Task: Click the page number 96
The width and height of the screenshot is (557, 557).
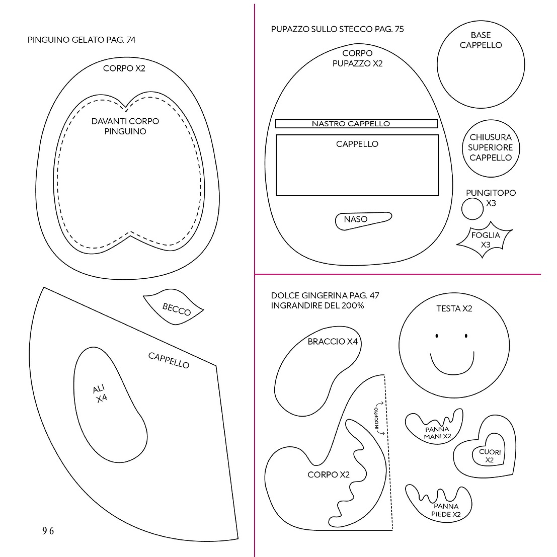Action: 48,531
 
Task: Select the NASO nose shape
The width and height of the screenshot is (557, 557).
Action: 363,220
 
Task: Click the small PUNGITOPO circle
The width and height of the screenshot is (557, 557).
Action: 472,209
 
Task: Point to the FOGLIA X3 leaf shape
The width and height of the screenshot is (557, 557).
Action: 485,240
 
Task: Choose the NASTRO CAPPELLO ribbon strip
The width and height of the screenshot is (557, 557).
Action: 357,124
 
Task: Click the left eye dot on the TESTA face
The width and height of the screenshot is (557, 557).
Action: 437,336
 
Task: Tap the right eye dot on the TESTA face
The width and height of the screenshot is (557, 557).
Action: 466,336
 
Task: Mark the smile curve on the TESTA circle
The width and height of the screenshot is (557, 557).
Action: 452,374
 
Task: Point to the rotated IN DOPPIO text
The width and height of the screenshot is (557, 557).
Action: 377,419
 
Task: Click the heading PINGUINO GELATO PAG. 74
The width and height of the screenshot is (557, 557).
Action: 82,40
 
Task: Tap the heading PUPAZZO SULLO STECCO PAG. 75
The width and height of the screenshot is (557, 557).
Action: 338,29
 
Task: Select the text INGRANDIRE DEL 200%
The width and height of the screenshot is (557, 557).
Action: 317,305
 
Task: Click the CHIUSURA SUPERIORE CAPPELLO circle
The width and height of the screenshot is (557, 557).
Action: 491,148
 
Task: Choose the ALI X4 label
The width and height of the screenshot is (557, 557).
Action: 100,393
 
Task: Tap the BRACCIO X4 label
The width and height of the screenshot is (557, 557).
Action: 333,341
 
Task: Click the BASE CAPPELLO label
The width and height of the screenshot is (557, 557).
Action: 481,40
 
